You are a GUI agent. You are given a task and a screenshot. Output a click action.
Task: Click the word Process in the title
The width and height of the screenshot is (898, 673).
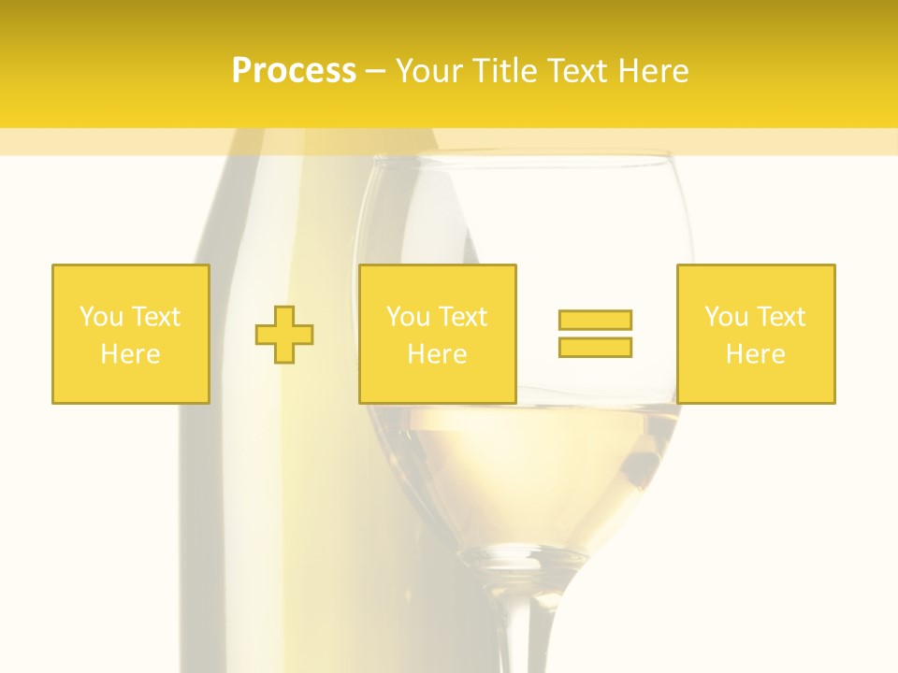click(294, 71)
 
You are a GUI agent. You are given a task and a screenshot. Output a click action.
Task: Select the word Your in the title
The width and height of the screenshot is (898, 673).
click(427, 71)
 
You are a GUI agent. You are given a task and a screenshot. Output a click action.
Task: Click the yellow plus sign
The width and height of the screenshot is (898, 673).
click(284, 335)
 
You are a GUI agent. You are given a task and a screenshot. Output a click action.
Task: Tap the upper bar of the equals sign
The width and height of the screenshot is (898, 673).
click(595, 320)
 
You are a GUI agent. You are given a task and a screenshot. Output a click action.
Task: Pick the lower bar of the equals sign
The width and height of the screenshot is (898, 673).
click(595, 347)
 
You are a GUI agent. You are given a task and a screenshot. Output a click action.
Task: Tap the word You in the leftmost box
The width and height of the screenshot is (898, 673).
click(100, 317)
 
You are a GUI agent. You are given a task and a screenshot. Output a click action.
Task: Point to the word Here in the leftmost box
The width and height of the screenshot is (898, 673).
click(131, 354)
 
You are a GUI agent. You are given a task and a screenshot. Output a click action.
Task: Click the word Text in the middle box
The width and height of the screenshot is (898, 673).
click(462, 317)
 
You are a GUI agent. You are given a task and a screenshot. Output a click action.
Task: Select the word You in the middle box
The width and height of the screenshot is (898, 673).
click(407, 317)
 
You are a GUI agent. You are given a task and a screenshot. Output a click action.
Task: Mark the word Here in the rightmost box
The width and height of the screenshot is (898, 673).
click(756, 354)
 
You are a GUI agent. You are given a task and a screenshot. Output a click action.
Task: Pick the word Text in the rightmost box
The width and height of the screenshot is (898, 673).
click(780, 317)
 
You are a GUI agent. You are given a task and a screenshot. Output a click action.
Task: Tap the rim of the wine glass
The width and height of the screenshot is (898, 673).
click(524, 157)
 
